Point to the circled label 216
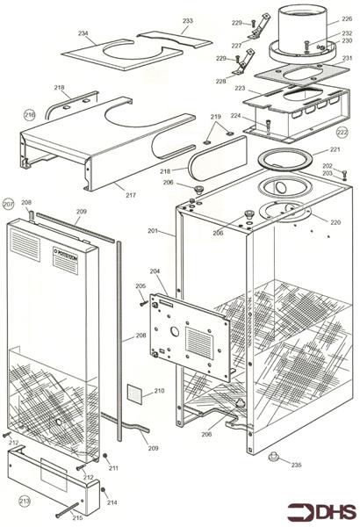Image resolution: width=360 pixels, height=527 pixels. point(29,114)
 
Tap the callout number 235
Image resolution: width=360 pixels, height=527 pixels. point(296,465)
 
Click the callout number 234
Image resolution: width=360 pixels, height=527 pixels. point(83,34)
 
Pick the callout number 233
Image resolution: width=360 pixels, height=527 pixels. point(187,20)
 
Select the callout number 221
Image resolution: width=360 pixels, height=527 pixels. point(335,149)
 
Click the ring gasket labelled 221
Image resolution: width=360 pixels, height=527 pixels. point(284,158)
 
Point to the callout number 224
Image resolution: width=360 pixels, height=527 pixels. point(235,116)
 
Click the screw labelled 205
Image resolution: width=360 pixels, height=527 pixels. point(144,303)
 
